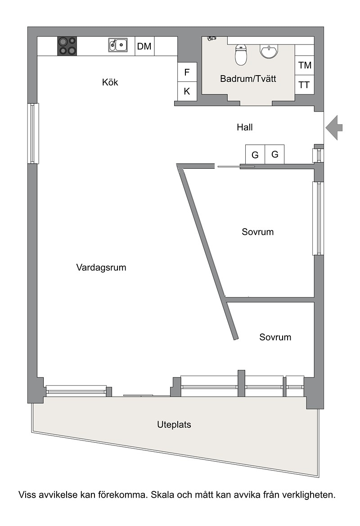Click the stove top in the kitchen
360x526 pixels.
point(67,46)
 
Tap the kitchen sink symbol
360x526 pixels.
point(118,45)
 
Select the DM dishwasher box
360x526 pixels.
point(144,46)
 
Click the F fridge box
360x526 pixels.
point(187,72)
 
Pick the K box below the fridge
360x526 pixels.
point(187,91)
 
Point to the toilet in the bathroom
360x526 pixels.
point(241,55)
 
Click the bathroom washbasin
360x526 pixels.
point(269,51)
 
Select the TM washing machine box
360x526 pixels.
point(305,65)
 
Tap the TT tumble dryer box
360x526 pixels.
point(305,85)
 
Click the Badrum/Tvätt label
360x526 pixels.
point(248,79)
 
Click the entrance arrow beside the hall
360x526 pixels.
point(334,127)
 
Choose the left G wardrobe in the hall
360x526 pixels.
point(255,154)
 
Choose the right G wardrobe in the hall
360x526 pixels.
point(275,154)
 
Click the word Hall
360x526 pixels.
point(245,127)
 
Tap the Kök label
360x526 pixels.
point(110,82)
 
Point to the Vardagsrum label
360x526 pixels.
point(101,267)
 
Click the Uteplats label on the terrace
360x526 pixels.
point(174,425)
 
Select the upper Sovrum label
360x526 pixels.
point(258,232)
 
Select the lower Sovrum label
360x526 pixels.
point(275,337)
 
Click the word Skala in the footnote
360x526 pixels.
point(162,495)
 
